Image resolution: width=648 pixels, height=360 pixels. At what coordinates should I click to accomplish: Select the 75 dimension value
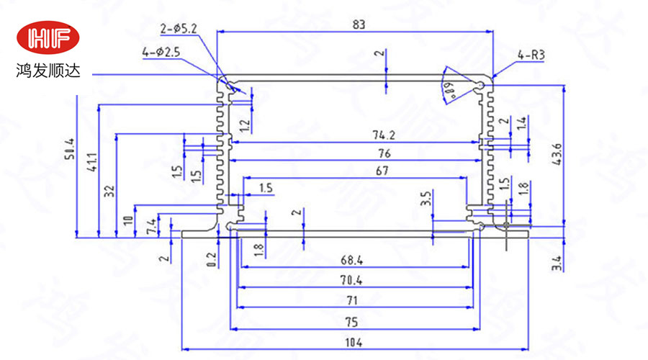pyautogui.click(x=354, y=321)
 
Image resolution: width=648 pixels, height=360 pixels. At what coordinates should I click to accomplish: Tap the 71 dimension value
pyautogui.click(x=353, y=300)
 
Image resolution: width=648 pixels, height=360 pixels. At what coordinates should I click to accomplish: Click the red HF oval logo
pyautogui.click(x=50, y=37)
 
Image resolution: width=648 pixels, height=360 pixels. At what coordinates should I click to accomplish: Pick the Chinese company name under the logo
pyautogui.click(x=50, y=72)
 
